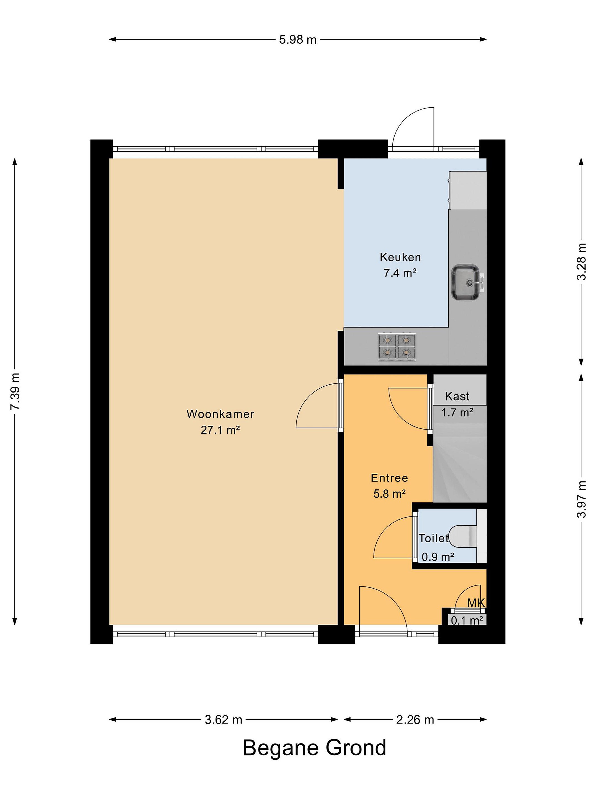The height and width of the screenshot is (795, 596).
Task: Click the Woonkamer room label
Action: [x=220, y=414]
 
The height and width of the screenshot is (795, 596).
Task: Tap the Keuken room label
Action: [x=400, y=257]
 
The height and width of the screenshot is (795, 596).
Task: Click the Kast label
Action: [x=457, y=396]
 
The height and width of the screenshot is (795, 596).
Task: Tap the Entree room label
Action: [x=389, y=478]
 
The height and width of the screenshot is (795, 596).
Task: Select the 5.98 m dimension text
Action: [x=298, y=39]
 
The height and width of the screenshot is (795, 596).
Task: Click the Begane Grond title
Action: [x=314, y=748]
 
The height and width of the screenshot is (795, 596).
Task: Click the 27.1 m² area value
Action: [x=220, y=430]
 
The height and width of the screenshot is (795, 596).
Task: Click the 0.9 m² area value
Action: [x=438, y=557]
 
